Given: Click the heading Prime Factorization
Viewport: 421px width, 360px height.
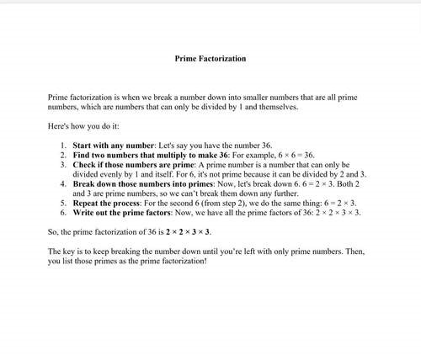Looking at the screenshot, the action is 210,60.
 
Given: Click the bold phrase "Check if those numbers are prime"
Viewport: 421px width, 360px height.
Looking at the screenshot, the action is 128,166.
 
